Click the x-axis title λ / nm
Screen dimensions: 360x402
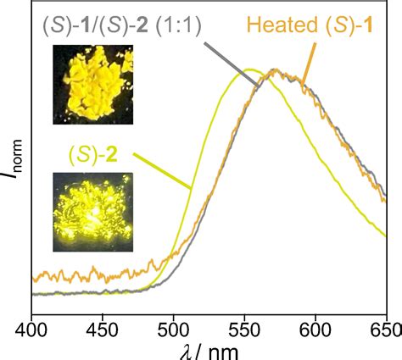tap(208, 349)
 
